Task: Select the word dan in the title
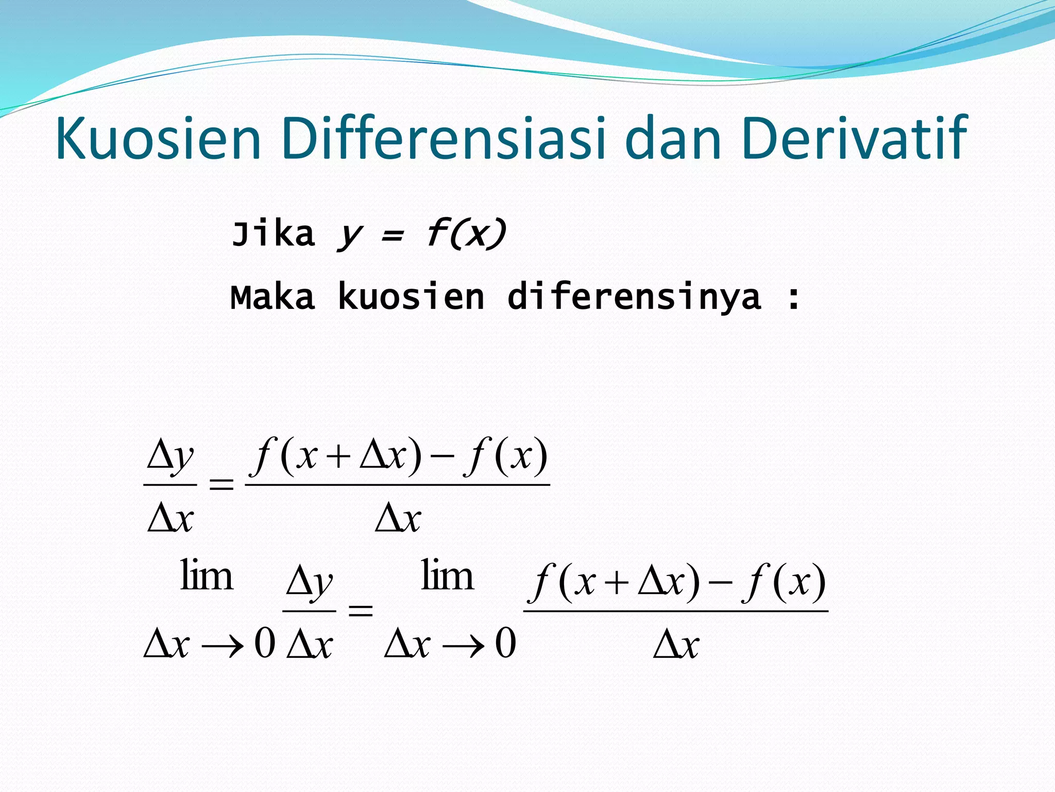673,138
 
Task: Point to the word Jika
273,235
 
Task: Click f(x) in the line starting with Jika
466,235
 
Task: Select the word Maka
273,298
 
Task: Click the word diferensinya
634,298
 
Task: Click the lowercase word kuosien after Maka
411,298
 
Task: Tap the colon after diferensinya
794,299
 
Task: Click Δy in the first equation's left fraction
170,457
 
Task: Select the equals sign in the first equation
221,484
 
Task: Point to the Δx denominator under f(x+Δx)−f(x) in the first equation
398,518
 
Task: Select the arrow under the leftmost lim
222,645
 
